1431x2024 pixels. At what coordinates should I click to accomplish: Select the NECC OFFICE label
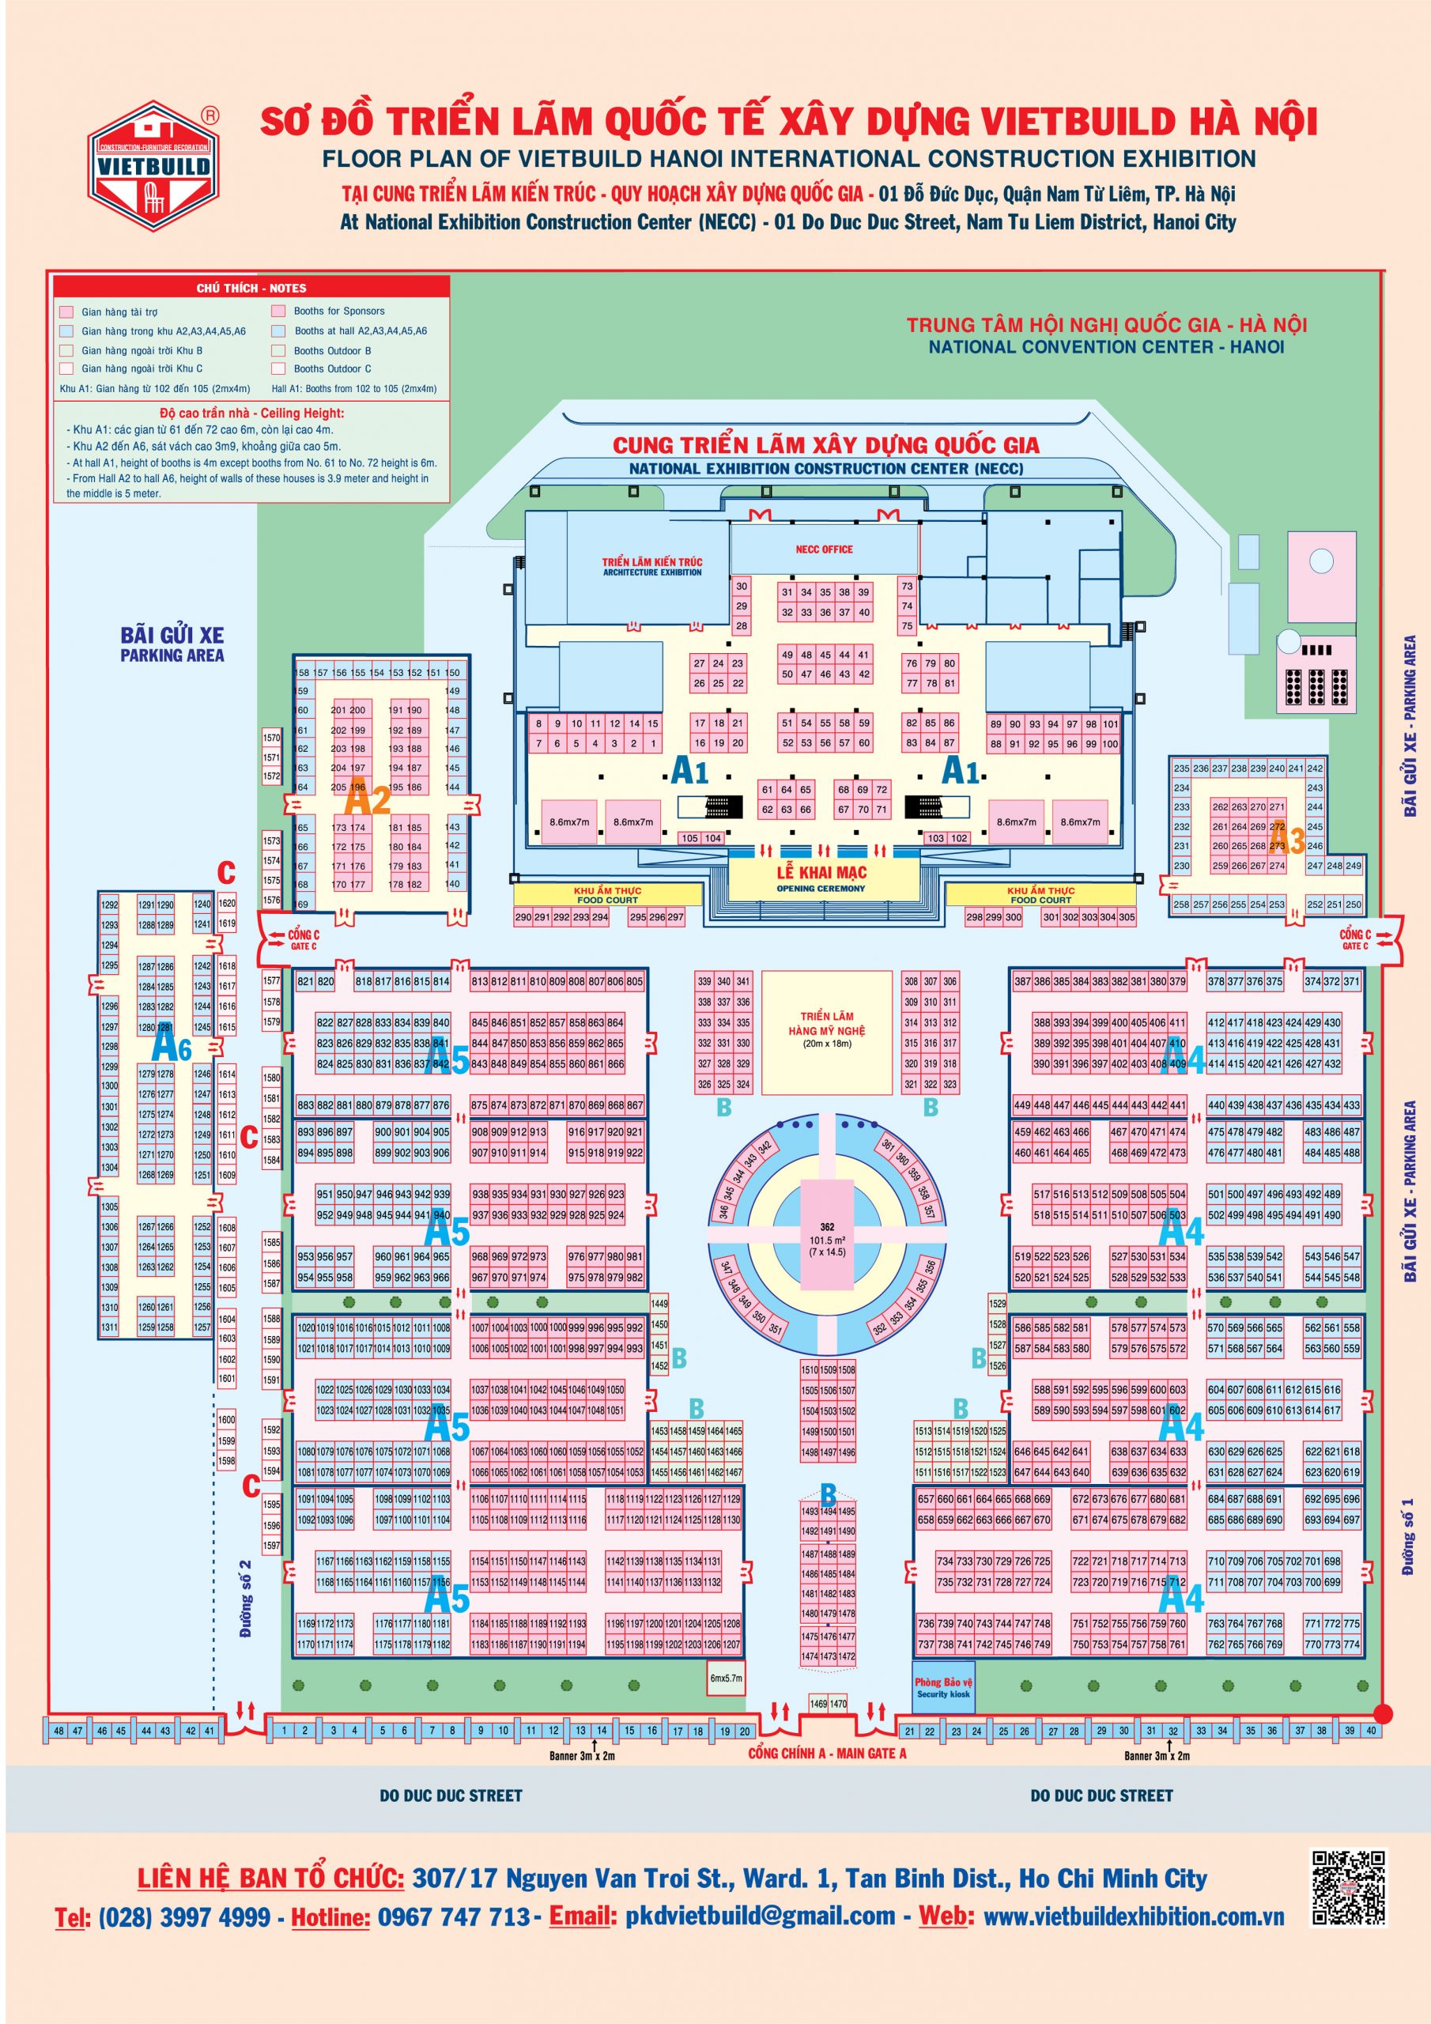pyautogui.click(x=824, y=549)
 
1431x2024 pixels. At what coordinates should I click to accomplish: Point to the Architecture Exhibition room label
pyautogui.click(x=651, y=567)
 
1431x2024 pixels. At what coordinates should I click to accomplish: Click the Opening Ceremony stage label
pyautogui.click(x=821, y=878)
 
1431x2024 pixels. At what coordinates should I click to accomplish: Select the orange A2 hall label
pyautogui.click(x=367, y=799)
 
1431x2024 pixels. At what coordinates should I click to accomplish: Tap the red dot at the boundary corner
pyautogui.click(x=1383, y=1712)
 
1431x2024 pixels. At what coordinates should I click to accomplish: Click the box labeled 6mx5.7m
pyautogui.click(x=727, y=1678)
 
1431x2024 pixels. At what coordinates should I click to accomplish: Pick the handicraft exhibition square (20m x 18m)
pyautogui.click(x=826, y=1033)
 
